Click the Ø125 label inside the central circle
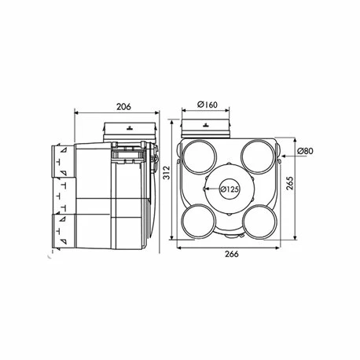(x=230, y=189)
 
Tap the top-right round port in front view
(x=259, y=152)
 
